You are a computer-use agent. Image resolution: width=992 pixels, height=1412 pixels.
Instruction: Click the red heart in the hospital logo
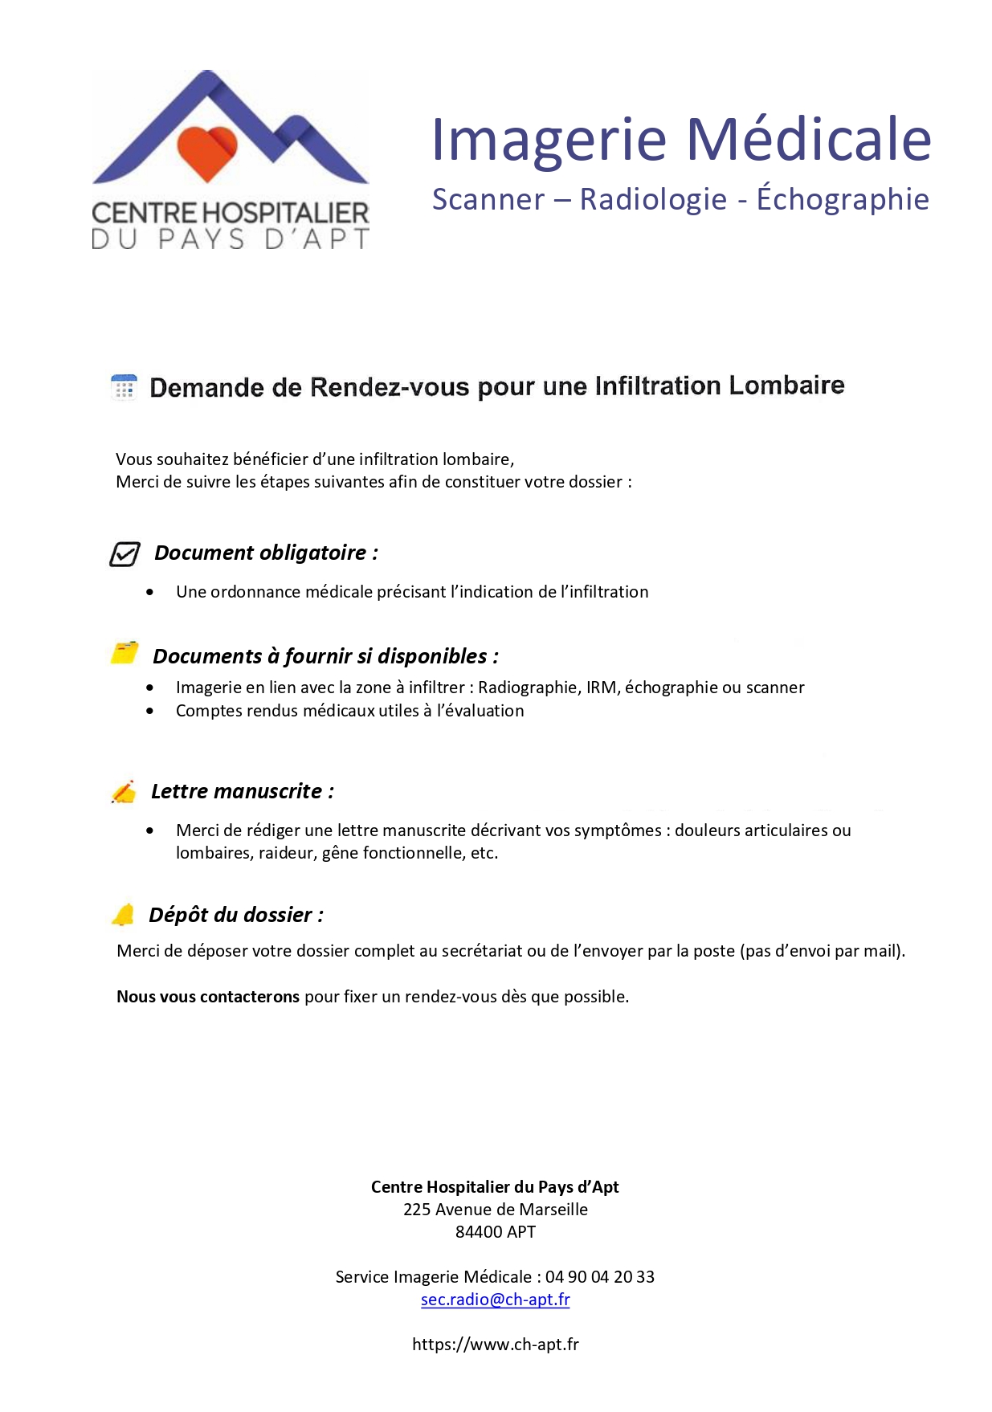(207, 152)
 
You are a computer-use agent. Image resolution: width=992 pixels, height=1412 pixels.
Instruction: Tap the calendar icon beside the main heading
(124, 387)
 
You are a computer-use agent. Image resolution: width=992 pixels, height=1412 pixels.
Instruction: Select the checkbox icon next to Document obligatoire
(125, 554)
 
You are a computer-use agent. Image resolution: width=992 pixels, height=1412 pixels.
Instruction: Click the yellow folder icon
(125, 653)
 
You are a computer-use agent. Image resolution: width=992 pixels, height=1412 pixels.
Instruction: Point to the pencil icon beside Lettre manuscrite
(124, 792)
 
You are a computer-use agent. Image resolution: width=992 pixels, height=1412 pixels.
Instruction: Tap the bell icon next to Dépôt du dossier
(124, 915)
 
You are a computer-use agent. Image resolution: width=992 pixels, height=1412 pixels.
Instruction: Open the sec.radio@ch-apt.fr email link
(495, 1300)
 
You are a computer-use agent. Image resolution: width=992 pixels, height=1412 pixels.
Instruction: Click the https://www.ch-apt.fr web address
(495, 1345)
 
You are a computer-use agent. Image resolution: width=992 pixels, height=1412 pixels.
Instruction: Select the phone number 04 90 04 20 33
(600, 1277)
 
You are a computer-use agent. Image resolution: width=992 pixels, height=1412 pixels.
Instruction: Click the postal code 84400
(479, 1232)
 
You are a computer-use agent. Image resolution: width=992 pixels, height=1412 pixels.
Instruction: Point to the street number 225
(417, 1210)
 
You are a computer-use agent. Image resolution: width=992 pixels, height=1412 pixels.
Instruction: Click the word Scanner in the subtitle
(488, 200)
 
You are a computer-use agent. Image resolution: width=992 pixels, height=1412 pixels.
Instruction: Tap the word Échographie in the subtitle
(843, 199)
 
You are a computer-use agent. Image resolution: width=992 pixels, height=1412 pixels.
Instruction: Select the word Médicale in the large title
(808, 140)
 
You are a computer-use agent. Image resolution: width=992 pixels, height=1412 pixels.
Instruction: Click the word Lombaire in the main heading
(786, 386)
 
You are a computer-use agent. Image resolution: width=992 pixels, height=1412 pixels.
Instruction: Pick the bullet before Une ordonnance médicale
(150, 592)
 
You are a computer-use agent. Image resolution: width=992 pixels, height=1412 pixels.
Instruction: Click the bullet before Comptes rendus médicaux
(150, 711)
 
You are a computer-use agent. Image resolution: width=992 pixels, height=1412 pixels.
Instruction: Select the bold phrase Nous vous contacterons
(208, 997)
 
